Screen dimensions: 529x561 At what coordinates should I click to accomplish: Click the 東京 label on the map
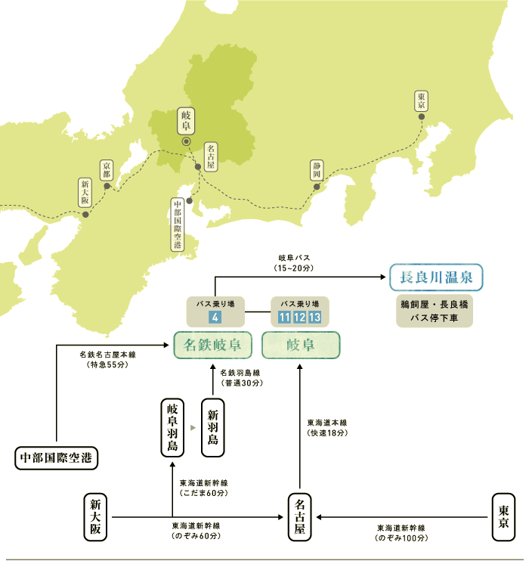[422, 101]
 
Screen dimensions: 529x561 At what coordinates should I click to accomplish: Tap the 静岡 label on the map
[317, 170]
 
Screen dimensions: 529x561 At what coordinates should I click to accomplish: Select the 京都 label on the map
[107, 170]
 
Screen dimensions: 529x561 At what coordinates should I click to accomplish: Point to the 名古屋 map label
[211, 157]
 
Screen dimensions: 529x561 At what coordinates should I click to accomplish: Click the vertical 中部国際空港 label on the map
[178, 225]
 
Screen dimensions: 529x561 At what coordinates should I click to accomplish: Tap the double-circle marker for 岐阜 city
[186, 141]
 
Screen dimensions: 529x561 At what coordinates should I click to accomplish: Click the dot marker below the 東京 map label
[422, 116]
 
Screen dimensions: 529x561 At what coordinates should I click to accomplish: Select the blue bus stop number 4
[215, 317]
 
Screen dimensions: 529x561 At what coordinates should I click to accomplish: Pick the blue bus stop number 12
[299, 317]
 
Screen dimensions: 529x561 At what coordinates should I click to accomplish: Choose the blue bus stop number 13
[314, 317]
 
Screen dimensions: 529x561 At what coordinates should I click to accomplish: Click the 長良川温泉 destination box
[436, 277]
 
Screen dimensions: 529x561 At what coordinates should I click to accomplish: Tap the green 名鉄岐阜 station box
[212, 345]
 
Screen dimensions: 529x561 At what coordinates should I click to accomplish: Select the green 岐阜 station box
[301, 345]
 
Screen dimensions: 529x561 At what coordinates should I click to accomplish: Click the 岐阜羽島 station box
[172, 427]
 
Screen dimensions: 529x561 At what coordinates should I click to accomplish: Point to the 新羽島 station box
[213, 427]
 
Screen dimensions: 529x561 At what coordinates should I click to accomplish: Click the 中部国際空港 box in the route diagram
[56, 458]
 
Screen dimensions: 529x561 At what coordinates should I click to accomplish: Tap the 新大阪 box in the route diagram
[95, 517]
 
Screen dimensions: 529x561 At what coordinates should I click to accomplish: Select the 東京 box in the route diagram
[503, 517]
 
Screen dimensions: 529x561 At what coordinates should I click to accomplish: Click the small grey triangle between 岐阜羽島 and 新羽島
[193, 427]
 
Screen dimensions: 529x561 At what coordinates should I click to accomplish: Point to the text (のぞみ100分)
[401, 538]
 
